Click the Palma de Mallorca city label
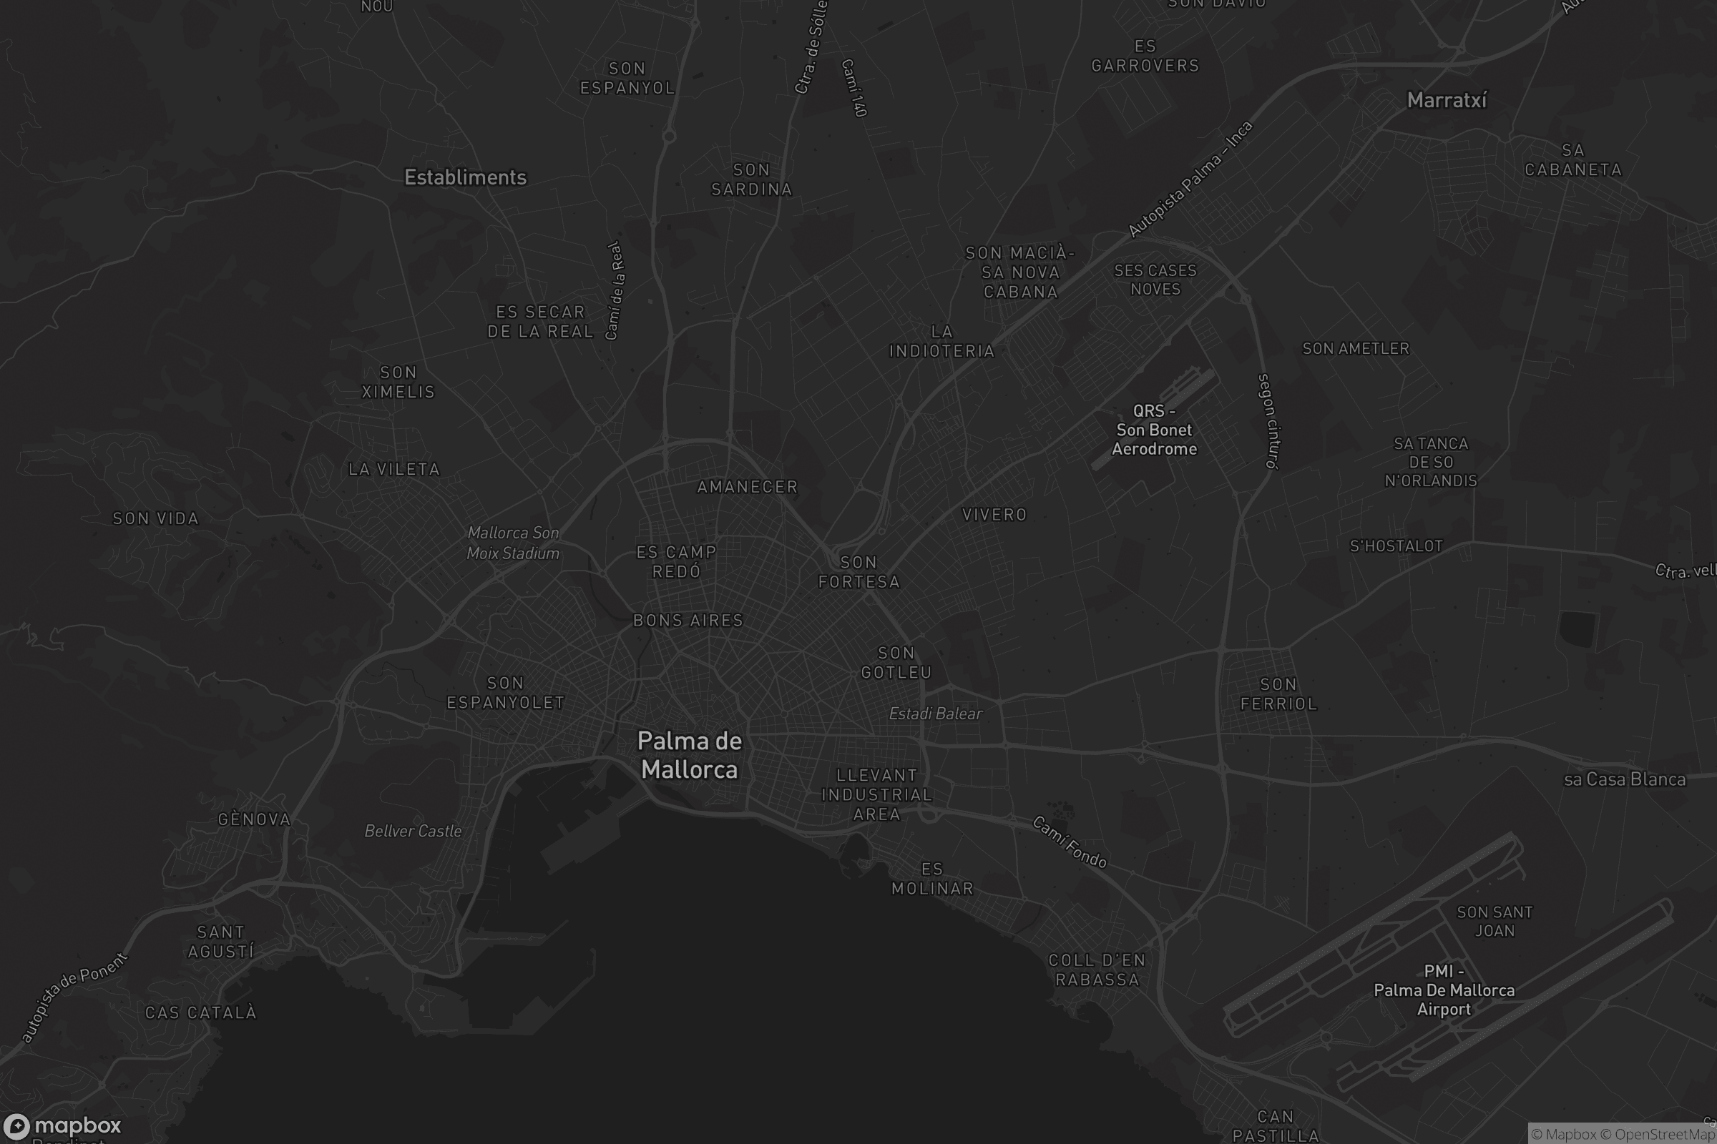[x=689, y=755]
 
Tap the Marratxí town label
[x=1446, y=101]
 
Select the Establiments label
[x=465, y=177]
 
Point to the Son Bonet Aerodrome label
[x=1153, y=430]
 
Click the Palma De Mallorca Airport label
[x=1443, y=991]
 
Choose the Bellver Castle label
[x=413, y=831]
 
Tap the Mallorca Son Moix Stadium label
[x=512, y=543]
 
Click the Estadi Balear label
[x=935, y=714]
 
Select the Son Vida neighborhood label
[x=155, y=519]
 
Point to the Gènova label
[x=254, y=819]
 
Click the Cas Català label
[x=201, y=1012]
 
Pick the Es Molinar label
[x=932, y=879]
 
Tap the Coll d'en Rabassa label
[x=1097, y=970]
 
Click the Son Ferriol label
[x=1278, y=694]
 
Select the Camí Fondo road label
[x=1070, y=843]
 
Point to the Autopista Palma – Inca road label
[x=1190, y=179]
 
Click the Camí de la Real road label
[x=615, y=290]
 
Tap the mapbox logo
[x=62, y=1125]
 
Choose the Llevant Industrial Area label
[x=877, y=794]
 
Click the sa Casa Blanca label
[x=1624, y=780]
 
